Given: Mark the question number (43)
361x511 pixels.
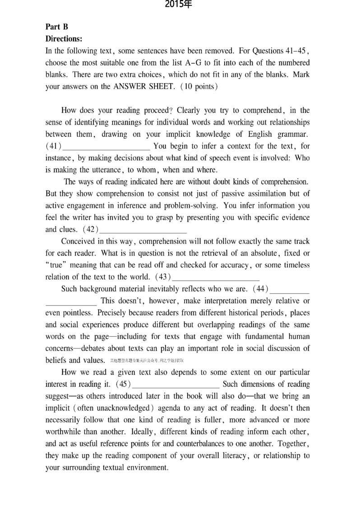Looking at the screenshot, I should [x=162, y=277].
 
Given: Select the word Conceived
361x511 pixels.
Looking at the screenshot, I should [x=78, y=241].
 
